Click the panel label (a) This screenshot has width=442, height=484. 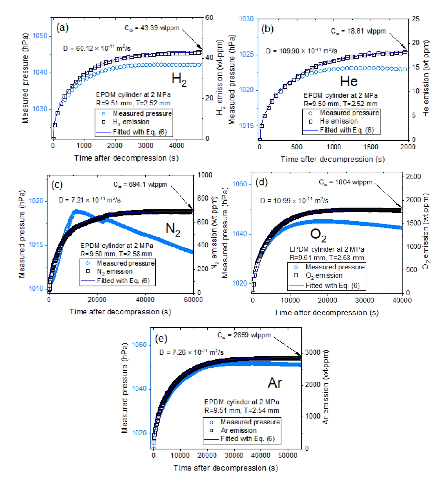pyautogui.click(x=62, y=28)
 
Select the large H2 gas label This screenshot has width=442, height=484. pyautogui.click(x=179, y=79)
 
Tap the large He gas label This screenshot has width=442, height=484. pyautogui.click(x=348, y=81)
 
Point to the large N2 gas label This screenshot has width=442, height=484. pyautogui.click(x=173, y=229)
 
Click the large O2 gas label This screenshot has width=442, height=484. pyautogui.click(x=318, y=235)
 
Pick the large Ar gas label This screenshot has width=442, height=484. pyautogui.click(x=275, y=383)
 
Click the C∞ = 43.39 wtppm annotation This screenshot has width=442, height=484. pyautogui.click(x=152, y=28)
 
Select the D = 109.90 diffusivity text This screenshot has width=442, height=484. pyautogui.click(x=301, y=51)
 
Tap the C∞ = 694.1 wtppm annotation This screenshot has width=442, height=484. pyautogui.click(x=140, y=185)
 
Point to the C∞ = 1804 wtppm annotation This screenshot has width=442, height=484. pyautogui.click(x=346, y=182)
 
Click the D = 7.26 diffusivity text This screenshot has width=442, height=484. pyautogui.click(x=191, y=352)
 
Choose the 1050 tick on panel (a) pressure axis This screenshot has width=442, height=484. pyautogui.click(x=40, y=36)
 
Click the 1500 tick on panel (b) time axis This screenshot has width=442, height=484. pyautogui.click(x=370, y=147)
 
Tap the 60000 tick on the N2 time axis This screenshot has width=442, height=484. pyautogui.click(x=193, y=300)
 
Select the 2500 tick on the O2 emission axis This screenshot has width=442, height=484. pyautogui.click(x=414, y=177)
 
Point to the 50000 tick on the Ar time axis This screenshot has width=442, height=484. pyautogui.click(x=287, y=456)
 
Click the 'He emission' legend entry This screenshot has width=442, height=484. pyautogui.click(x=338, y=121)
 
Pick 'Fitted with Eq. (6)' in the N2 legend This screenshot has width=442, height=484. pyautogui.click(x=123, y=281)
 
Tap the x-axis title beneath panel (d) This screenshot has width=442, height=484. pyautogui.click(x=326, y=313)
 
